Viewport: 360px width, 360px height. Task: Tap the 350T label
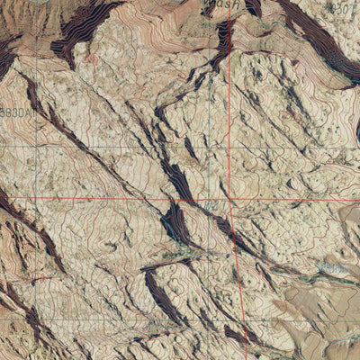(x=341, y=7)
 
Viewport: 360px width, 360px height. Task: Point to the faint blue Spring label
(x=334, y=267)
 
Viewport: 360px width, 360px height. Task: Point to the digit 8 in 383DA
(x=10, y=112)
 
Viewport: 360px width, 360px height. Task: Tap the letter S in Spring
(x=321, y=267)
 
